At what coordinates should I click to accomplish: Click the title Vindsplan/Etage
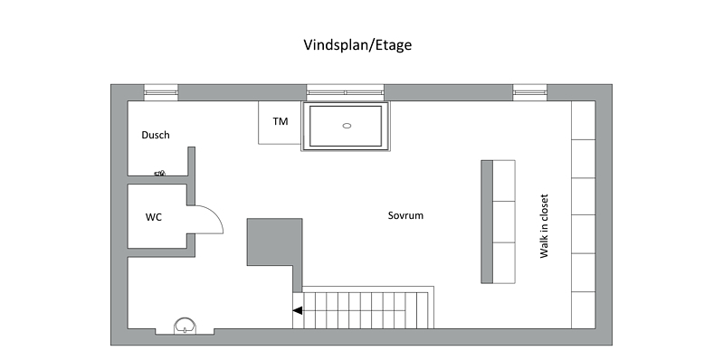tap(357, 45)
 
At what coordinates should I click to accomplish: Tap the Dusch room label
tap(156, 135)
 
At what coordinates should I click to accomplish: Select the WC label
tap(154, 217)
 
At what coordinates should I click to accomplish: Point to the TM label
tap(281, 122)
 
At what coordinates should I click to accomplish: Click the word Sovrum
tap(405, 215)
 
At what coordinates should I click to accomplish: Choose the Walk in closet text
tap(544, 226)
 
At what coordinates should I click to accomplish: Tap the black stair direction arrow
tap(298, 310)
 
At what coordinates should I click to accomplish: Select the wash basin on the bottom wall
tap(185, 326)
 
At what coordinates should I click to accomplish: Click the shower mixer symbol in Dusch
tap(159, 174)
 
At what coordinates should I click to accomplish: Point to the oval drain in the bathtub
tap(347, 126)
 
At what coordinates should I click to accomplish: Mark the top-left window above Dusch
tap(161, 92)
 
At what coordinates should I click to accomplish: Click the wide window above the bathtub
tap(346, 92)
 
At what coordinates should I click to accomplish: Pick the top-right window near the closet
tap(529, 92)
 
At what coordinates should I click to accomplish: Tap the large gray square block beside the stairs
tap(274, 242)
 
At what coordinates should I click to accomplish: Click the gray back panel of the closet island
tap(487, 222)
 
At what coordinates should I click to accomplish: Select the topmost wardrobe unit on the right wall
tap(584, 119)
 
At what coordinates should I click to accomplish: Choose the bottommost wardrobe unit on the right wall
tap(584, 310)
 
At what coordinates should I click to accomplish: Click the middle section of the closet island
tap(504, 222)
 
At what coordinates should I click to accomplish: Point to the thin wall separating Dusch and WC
tap(157, 180)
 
